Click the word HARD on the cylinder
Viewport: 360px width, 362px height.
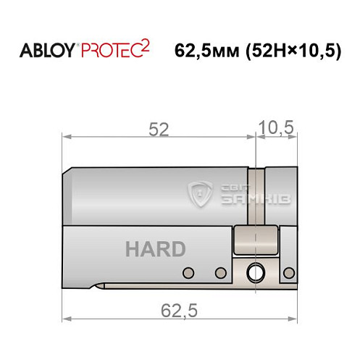tap(155, 250)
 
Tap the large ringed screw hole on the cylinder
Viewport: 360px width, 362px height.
tap(256, 273)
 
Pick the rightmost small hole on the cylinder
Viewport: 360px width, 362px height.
tap(290, 272)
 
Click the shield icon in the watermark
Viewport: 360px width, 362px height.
tap(198, 193)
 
